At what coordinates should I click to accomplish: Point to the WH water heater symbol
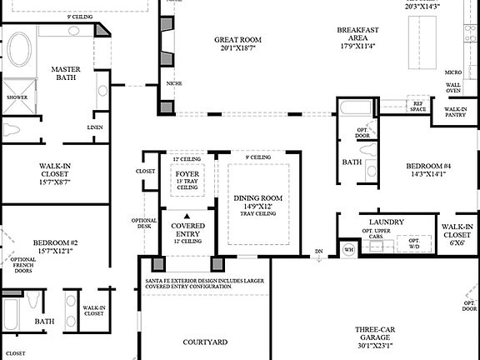point(348,248)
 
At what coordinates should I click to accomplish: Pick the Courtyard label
point(205,342)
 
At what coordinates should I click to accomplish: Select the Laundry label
point(386,222)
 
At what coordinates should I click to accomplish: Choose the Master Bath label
point(66,74)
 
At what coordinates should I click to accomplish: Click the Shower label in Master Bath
point(17,97)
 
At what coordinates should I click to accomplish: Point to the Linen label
point(95,127)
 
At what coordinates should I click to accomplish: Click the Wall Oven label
point(452,89)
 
